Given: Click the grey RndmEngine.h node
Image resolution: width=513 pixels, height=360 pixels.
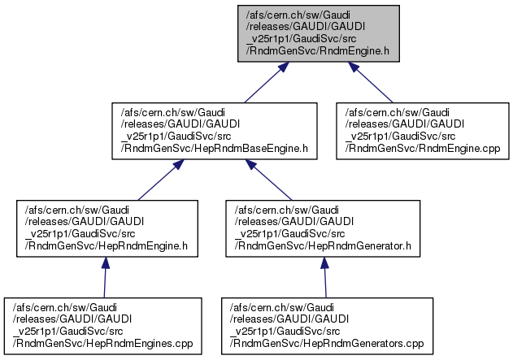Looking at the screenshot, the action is [x=319, y=33].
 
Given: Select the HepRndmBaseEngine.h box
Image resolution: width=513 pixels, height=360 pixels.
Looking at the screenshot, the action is [x=215, y=131].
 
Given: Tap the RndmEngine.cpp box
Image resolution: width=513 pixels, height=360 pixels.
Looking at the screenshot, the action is [x=423, y=131].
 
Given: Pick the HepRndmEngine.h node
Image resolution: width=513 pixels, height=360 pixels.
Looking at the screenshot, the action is [x=107, y=228].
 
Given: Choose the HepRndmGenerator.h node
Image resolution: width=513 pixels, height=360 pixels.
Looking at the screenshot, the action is [x=323, y=228].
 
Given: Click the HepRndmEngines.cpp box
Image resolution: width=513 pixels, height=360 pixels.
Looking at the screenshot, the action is [x=102, y=326].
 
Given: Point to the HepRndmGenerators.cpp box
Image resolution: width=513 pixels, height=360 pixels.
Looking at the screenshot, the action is [x=327, y=326].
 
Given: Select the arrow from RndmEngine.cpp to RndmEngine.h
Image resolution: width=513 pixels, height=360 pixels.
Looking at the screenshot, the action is [x=371, y=82].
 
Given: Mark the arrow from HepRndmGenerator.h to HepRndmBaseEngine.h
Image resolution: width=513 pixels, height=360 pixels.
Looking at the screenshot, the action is [x=268, y=180].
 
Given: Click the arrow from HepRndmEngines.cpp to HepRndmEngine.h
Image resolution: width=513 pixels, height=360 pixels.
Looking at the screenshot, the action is [x=105, y=277].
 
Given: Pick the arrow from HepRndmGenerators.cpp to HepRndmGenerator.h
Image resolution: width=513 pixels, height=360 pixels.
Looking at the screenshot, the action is [x=325, y=277].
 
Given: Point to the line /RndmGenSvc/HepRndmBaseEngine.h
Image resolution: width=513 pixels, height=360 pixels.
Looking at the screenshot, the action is [x=215, y=148].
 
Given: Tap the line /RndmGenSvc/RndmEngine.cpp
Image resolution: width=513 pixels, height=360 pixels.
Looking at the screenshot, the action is [x=423, y=148].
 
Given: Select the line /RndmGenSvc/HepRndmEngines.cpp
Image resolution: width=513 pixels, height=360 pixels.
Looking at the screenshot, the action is [x=102, y=343].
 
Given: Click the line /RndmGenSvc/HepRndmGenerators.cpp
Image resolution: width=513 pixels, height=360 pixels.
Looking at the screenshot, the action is [x=327, y=343].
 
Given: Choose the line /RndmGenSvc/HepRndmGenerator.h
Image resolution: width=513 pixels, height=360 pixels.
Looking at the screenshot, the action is [x=323, y=245].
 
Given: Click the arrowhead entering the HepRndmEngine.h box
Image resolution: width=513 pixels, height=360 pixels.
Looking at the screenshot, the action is [x=106, y=262].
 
